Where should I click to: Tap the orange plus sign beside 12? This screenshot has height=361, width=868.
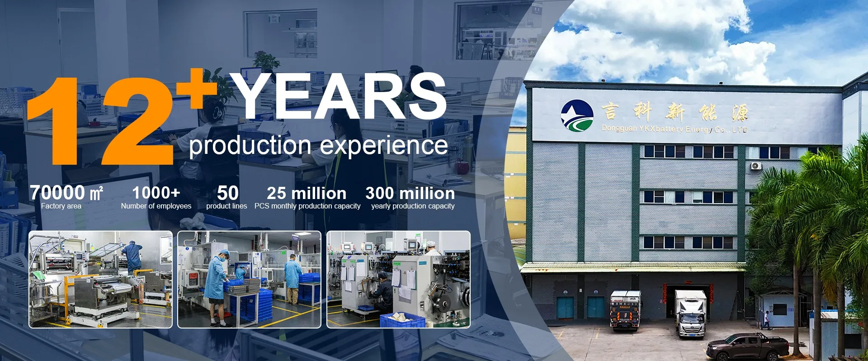click(x=198, y=88)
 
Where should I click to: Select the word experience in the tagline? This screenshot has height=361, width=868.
click(x=384, y=146)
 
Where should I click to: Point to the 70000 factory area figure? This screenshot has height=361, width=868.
click(x=66, y=193)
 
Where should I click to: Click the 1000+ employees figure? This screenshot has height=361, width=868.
click(x=156, y=193)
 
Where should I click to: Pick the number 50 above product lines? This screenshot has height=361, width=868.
click(x=228, y=193)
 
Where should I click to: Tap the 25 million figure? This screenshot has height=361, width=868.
click(x=307, y=193)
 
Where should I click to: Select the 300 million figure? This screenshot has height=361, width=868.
click(x=410, y=193)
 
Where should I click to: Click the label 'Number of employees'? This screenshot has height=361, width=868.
click(x=156, y=206)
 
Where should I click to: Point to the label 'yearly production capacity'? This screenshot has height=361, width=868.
click(x=413, y=206)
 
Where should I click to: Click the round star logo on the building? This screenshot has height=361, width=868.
click(x=577, y=116)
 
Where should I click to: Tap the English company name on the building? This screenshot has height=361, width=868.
click(x=675, y=129)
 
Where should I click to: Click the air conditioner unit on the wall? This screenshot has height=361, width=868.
click(x=756, y=166)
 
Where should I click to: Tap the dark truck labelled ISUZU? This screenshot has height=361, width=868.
click(x=626, y=310)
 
